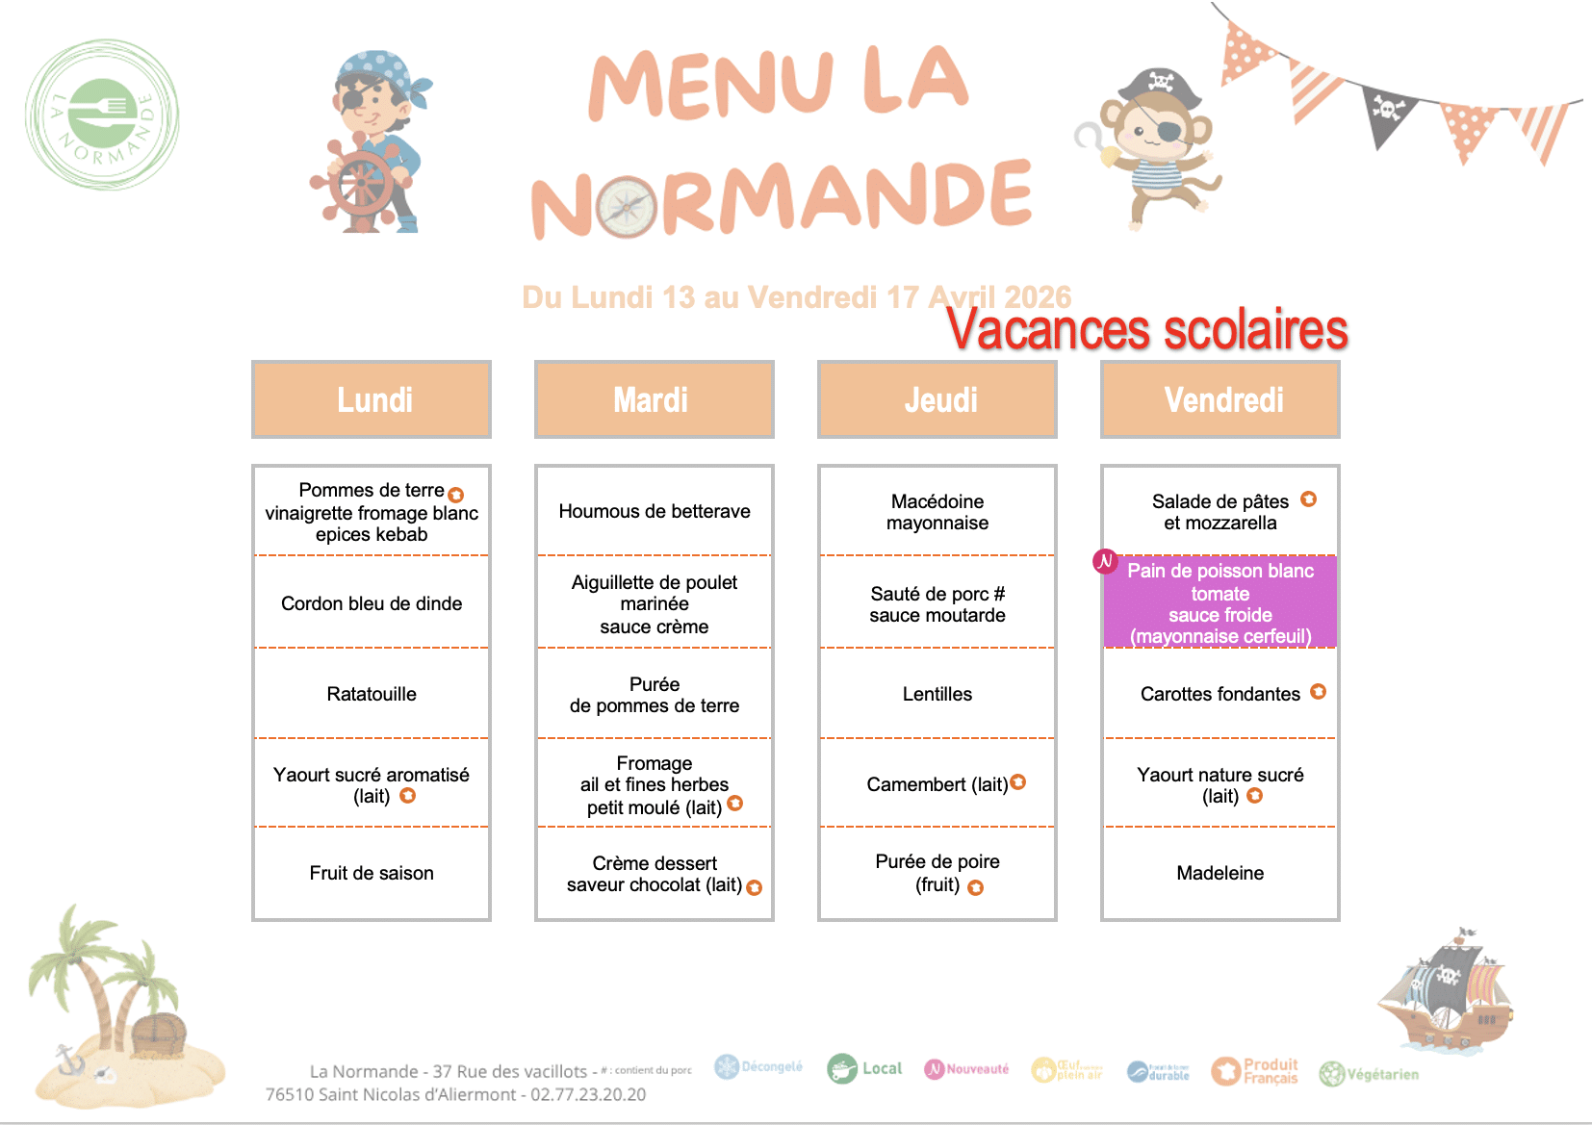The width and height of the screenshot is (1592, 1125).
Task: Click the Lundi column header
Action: (x=372, y=399)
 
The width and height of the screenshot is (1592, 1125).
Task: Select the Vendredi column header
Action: (x=1220, y=399)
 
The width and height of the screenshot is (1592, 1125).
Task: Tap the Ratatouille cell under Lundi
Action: (x=372, y=694)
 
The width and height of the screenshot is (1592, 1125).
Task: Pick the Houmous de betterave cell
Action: (x=655, y=511)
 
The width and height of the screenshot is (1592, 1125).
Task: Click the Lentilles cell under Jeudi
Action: (x=937, y=694)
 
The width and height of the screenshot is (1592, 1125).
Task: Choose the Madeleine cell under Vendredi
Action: (x=1220, y=873)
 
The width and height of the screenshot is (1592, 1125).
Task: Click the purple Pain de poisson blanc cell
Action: (x=1220, y=602)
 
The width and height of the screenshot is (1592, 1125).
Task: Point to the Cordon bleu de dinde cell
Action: (x=372, y=603)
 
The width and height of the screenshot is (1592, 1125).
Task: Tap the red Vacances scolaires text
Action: (x=1146, y=330)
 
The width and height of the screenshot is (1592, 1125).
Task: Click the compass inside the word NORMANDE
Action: (x=627, y=207)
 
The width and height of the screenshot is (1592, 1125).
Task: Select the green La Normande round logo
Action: (x=102, y=115)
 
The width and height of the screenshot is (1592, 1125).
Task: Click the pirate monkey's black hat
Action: (x=1162, y=88)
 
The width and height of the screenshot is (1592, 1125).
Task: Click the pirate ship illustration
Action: (x=1444, y=991)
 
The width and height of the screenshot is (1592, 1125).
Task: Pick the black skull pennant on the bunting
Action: (x=1387, y=113)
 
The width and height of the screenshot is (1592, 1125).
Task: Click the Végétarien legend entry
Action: (x=1369, y=1074)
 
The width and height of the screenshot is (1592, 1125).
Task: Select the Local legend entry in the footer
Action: (x=864, y=1068)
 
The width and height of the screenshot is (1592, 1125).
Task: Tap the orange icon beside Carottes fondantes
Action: (x=1319, y=691)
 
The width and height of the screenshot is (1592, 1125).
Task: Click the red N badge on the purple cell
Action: (x=1105, y=561)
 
